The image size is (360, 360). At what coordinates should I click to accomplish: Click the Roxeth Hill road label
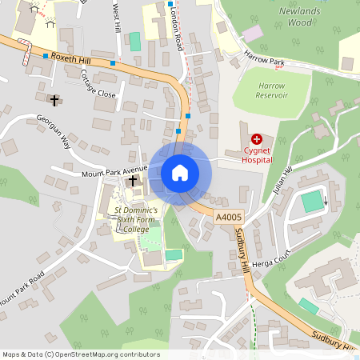coord(70,58)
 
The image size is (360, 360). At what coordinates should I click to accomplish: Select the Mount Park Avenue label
coord(115,172)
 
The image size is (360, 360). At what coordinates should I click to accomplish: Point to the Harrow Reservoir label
coord(272,90)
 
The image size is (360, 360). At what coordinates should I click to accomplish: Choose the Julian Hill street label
coord(282,178)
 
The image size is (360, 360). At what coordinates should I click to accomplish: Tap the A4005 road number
coord(227,217)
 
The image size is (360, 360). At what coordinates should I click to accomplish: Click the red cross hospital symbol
coord(257,139)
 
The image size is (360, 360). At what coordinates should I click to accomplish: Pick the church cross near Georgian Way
coord(54,100)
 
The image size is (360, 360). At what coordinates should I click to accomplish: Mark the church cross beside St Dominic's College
coord(133,182)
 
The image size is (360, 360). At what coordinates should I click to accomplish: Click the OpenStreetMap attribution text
coord(81,354)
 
